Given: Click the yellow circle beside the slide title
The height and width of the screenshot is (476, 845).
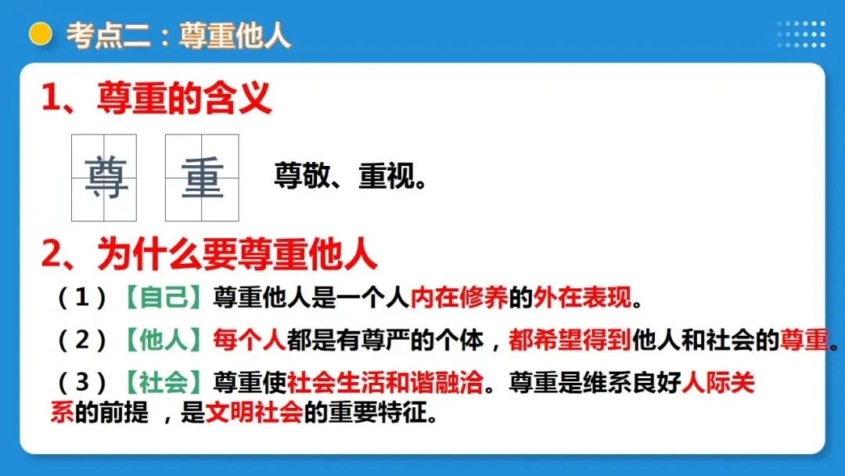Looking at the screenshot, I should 40,34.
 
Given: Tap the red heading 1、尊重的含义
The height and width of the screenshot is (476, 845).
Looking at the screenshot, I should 156,100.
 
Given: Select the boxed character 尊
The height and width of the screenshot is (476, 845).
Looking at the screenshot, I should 105,178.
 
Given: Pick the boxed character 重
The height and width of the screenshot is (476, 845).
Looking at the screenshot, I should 202,178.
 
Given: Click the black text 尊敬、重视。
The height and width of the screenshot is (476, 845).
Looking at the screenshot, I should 351,176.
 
